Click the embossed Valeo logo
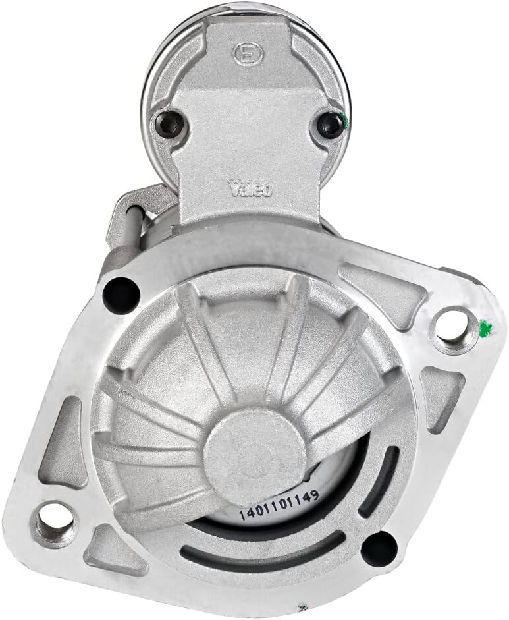coord(251,188)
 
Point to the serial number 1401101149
coord(279,505)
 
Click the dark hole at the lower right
coord(379,548)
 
